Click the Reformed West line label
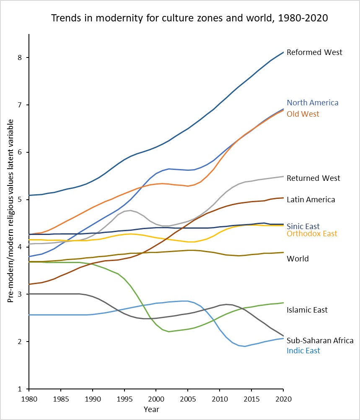314,52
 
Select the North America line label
312,103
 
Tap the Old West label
303,114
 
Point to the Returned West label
313,178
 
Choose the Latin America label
311,200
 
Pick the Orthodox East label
312,234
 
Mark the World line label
298,259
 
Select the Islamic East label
307,310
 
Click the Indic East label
303,351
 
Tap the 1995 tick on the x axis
124,397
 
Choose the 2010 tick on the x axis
220,397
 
